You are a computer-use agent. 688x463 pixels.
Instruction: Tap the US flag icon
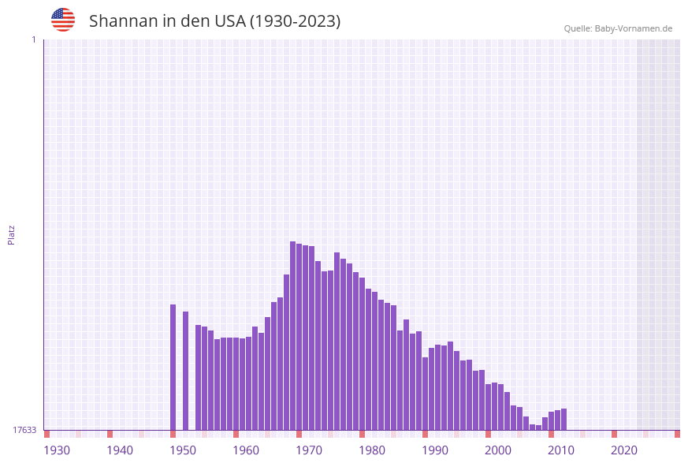[x=63, y=20]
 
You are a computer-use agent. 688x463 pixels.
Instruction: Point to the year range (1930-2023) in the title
[x=295, y=21]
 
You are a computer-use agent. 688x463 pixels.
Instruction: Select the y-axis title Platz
[x=12, y=234]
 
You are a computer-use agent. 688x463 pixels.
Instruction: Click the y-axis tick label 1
[x=33, y=40]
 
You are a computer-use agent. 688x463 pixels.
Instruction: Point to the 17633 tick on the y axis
[x=24, y=430]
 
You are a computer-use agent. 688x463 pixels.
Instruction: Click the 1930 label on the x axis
[x=57, y=450]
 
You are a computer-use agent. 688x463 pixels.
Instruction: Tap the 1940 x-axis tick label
[x=120, y=450]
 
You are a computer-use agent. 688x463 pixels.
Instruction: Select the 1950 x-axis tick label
[x=183, y=450]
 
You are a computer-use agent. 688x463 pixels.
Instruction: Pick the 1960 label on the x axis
[x=246, y=450]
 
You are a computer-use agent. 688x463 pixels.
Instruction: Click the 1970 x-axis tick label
[x=309, y=450]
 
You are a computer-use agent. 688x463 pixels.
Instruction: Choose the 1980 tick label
[x=372, y=450]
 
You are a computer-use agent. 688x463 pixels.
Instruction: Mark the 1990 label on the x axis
[x=435, y=450]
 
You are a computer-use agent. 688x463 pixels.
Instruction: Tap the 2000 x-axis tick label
[x=498, y=450]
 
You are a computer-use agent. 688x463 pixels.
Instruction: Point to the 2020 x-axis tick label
[x=624, y=450]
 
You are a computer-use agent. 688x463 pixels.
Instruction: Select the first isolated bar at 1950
[x=173, y=367]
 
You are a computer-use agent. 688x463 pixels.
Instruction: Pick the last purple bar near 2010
[x=564, y=419]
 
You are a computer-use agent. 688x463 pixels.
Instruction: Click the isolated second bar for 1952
[x=186, y=371]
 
